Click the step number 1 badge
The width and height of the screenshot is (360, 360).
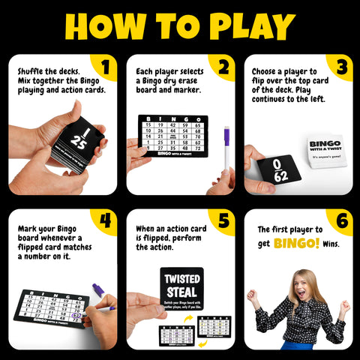pyautogui.click(x=105, y=67)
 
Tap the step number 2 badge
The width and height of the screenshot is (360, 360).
pyautogui.click(x=222, y=67)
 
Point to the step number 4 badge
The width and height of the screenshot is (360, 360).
pyautogui.click(x=105, y=220)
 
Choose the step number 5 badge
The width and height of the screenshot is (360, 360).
pyautogui.click(x=222, y=220)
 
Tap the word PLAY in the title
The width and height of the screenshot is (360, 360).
pyautogui.click(x=250, y=25)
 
